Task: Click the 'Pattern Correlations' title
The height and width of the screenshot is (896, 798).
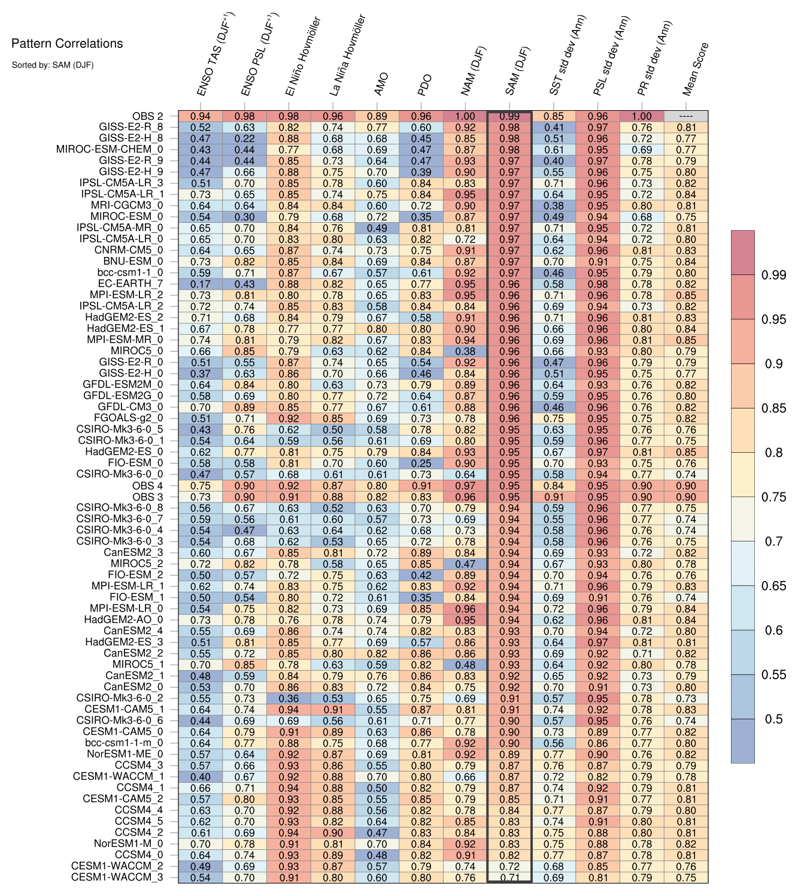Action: coord(67,43)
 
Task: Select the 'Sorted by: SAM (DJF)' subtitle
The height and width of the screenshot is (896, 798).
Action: coord(53,65)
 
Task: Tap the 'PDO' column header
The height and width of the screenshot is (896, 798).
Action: coord(424,85)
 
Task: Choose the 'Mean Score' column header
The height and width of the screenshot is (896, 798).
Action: coord(696,69)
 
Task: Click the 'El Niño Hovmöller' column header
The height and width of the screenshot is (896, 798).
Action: coord(303,56)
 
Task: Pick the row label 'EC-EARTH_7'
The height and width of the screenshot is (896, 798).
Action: coord(131,284)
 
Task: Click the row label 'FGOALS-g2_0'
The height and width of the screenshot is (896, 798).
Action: coord(128,418)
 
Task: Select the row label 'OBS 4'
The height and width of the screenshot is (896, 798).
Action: coord(147,486)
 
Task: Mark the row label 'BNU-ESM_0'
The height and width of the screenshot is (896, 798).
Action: coord(133,262)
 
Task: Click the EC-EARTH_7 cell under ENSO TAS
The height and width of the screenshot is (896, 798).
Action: coord(201,284)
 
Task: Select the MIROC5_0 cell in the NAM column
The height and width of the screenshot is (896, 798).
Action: coord(465,351)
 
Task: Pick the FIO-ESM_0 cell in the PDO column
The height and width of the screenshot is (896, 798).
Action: coord(421,463)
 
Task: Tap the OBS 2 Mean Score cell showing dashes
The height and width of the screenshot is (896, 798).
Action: coord(686,116)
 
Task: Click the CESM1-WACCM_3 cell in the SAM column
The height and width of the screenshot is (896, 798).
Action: coord(509,877)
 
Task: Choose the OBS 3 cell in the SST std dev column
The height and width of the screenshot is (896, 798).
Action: coord(554,497)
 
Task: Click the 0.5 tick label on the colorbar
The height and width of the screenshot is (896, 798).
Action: coord(773,719)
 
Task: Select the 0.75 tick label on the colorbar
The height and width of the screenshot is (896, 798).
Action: coord(773,497)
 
